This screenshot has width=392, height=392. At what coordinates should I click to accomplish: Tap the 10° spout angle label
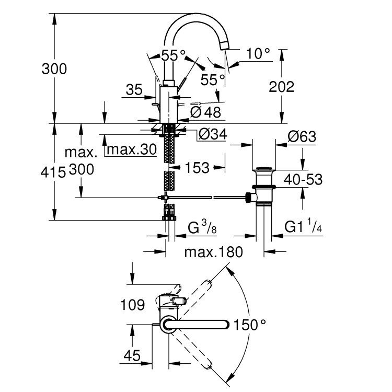(259, 53)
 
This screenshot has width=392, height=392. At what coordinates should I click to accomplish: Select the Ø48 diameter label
(205, 111)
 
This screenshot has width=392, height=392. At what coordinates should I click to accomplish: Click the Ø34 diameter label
(212, 135)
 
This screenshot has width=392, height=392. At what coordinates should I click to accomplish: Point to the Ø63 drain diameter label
(302, 136)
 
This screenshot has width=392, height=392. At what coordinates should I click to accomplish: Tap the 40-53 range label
(304, 180)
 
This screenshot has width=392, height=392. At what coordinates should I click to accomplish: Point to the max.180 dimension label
(214, 252)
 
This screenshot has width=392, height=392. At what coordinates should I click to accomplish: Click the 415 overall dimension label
(54, 171)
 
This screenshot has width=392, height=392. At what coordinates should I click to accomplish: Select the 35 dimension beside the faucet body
(134, 90)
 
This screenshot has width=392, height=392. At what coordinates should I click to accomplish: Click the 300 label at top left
(54, 68)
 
